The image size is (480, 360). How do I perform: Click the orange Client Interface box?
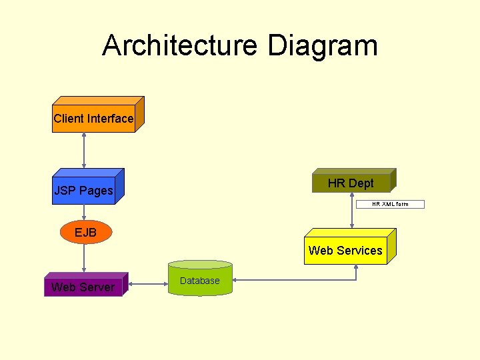(x=93, y=119)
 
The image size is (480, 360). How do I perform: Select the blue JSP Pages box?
(x=84, y=190)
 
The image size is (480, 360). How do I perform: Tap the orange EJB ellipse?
(x=85, y=232)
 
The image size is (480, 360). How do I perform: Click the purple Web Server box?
(x=83, y=287)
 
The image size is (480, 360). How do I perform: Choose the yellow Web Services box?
(x=345, y=251)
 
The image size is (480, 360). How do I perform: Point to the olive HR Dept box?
(x=351, y=183)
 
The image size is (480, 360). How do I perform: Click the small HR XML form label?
(x=390, y=204)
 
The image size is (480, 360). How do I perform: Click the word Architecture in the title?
(x=179, y=45)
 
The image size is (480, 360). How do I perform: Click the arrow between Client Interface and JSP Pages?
(x=84, y=150)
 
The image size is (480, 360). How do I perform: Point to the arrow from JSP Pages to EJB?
(x=84, y=212)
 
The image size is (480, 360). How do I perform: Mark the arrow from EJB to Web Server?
(x=84, y=258)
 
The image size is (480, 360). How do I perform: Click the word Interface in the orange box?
(x=110, y=119)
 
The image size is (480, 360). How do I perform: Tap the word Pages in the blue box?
(x=97, y=191)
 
